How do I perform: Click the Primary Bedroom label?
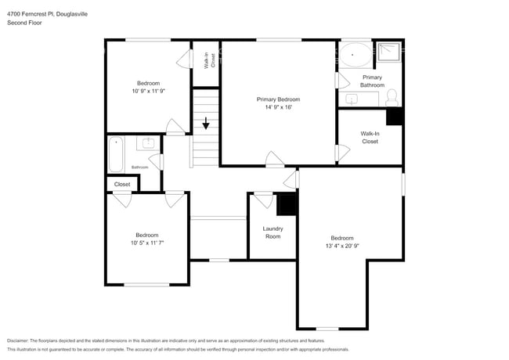(x=278, y=99)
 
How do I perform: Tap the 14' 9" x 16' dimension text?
(x=278, y=107)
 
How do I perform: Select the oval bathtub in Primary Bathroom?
(x=356, y=56)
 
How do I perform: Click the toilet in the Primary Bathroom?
(x=392, y=98)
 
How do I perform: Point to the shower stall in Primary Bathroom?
(x=389, y=52)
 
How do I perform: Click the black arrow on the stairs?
(x=206, y=124)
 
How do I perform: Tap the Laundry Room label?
(x=273, y=232)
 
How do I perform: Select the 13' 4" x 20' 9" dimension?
(x=341, y=246)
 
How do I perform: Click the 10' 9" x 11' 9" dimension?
(x=148, y=91)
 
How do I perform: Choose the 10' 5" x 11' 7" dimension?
(x=146, y=243)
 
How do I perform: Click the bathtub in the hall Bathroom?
(x=117, y=153)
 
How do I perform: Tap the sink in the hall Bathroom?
(x=148, y=144)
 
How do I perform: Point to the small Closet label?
(x=122, y=185)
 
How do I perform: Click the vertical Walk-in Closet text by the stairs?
(x=208, y=61)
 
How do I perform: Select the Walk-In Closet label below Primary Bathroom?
(x=370, y=138)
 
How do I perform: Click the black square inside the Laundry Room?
(x=287, y=204)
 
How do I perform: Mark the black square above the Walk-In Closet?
(x=395, y=115)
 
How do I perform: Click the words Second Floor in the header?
(x=24, y=23)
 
